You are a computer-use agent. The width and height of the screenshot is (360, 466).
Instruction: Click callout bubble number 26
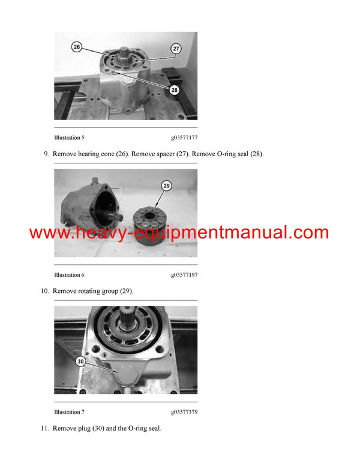pyautogui.click(x=77, y=47)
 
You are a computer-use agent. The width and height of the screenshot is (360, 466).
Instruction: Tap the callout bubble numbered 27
pyautogui.click(x=176, y=48)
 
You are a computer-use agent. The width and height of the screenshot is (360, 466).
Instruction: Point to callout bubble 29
pyautogui.click(x=166, y=186)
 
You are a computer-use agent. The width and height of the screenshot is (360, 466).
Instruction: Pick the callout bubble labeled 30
pyautogui.click(x=80, y=362)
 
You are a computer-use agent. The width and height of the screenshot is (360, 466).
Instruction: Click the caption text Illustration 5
pyautogui.click(x=69, y=138)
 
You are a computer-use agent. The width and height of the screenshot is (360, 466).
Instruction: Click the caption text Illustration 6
pyautogui.click(x=69, y=275)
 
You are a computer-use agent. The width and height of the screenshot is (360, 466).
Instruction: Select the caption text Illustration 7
pyautogui.click(x=69, y=412)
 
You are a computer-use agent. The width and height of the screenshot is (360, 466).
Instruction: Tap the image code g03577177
pyautogui.click(x=184, y=138)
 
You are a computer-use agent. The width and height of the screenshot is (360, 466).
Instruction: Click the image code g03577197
pyautogui.click(x=184, y=275)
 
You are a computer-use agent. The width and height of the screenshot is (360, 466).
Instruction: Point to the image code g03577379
pyautogui.click(x=184, y=412)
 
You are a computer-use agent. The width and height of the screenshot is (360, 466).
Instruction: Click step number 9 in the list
pyautogui.click(x=46, y=154)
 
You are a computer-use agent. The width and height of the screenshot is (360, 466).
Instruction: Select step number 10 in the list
pyautogui.click(x=44, y=291)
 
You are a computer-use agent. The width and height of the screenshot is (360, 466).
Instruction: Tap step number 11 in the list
pyautogui.click(x=44, y=429)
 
